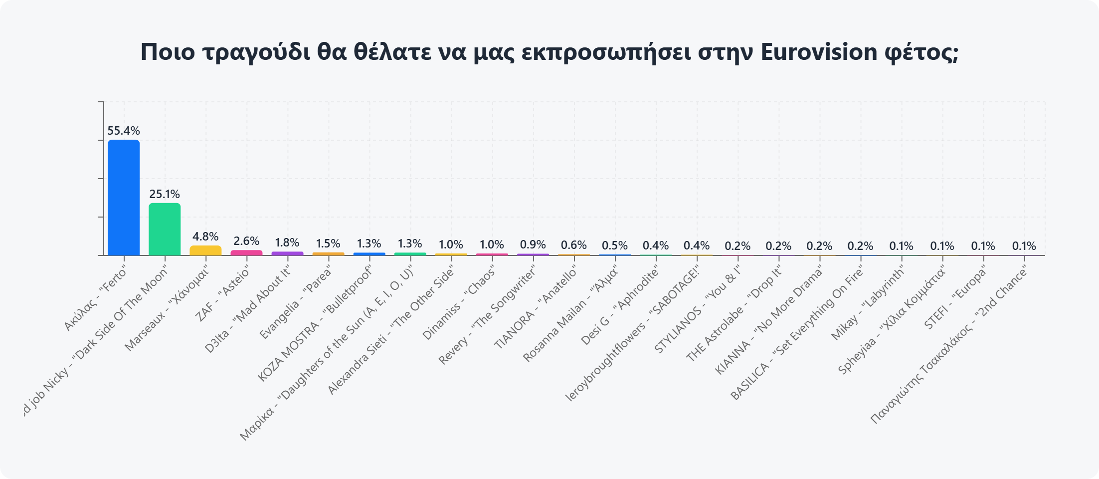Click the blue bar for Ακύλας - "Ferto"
(124, 198)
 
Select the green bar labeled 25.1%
(165, 229)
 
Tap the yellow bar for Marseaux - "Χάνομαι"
(205, 250)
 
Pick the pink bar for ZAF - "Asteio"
(246, 252)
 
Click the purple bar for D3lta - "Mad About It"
(287, 253)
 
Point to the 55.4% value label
(124, 131)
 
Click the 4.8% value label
(205, 237)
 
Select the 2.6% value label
(246, 241)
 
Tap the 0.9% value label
(533, 244)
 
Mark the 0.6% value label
(574, 245)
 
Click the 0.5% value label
(615, 245)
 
